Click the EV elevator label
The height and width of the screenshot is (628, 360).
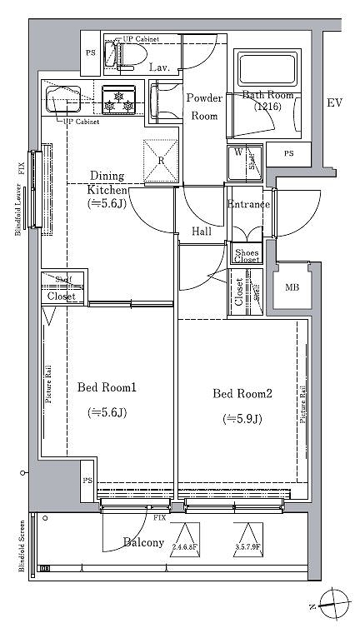(335, 103)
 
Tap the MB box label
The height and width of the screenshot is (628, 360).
(292, 288)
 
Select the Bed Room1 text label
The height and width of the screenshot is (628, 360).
(107, 387)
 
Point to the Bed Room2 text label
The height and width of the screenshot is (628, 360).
(242, 393)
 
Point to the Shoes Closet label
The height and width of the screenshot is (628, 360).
(247, 256)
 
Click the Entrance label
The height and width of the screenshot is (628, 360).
(248, 204)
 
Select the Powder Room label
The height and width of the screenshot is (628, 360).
(204, 107)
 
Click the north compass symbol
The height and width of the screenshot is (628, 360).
(337, 601)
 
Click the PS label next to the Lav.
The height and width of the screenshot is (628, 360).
(90, 52)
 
